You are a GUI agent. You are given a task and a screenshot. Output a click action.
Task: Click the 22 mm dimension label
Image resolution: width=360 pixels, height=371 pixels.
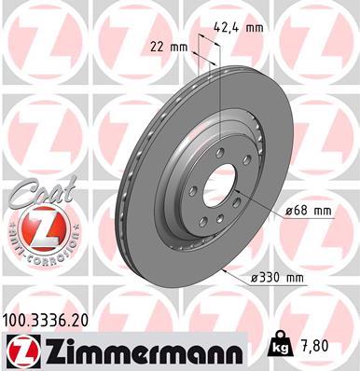(169, 46)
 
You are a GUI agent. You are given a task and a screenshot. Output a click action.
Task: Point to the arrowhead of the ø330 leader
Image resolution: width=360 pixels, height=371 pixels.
(227, 269)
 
